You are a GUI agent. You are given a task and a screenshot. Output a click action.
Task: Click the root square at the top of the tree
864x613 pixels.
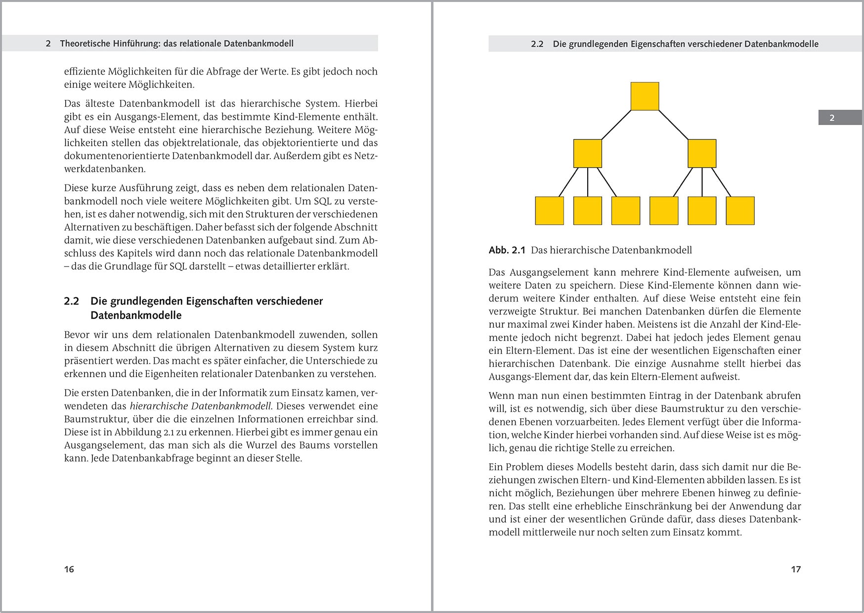tap(645, 96)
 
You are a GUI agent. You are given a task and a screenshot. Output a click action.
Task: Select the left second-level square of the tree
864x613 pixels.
tap(587, 153)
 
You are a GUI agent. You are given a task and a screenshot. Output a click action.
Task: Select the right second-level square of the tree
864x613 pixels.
tap(702, 153)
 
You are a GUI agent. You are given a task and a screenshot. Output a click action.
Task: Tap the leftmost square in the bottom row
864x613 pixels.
tap(549, 211)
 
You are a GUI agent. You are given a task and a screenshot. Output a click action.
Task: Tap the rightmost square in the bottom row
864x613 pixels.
tap(740, 211)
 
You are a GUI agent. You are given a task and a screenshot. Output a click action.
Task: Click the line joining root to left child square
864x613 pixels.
tap(616, 125)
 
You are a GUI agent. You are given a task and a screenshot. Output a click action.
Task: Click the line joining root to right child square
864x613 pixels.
tap(673, 125)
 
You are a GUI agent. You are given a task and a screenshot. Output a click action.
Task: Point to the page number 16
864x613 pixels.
tap(69, 569)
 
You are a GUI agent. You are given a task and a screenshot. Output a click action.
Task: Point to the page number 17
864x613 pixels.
tap(795, 569)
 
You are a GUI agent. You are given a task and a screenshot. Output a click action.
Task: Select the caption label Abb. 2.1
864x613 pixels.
tap(507, 250)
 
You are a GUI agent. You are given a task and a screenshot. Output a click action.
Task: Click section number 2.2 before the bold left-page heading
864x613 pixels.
tap(71, 301)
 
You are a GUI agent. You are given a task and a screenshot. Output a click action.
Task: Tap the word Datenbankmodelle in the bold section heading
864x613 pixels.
tap(136, 315)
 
